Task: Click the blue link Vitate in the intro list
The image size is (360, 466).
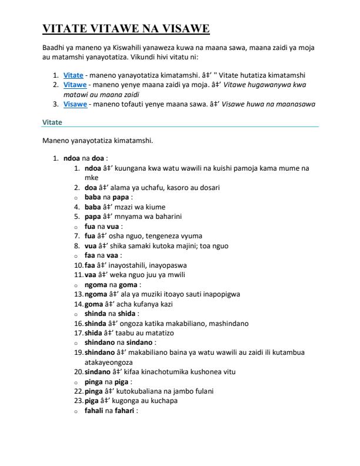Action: coord(74,75)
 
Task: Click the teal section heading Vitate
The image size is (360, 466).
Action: coord(52,122)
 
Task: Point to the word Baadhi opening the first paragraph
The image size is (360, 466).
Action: coord(53,47)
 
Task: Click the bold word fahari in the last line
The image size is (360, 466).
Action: coord(124,410)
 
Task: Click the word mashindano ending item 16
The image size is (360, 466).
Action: coord(226,323)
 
